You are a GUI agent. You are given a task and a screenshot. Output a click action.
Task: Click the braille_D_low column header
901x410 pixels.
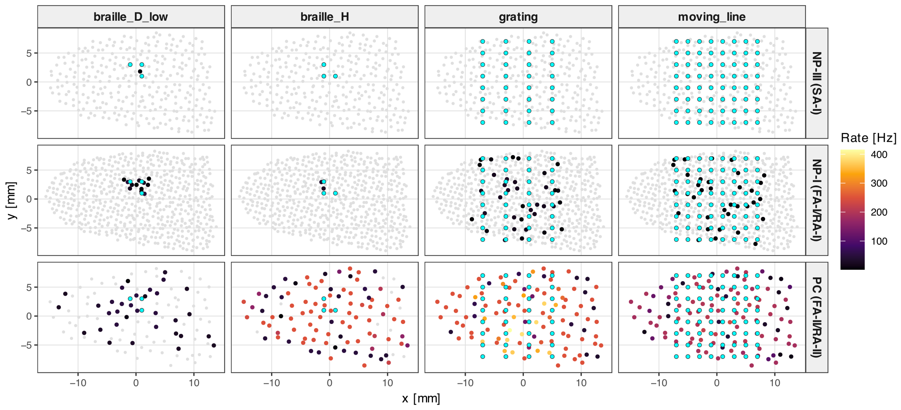pos(131,17)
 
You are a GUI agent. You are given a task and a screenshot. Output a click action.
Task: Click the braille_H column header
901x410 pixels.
pos(324,17)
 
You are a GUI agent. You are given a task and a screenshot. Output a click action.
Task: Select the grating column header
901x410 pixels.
pos(518,17)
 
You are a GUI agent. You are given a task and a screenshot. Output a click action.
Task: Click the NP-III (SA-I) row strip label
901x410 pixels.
pos(817,83)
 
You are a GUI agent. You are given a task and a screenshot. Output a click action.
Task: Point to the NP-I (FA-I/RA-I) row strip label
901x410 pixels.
pos(817,200)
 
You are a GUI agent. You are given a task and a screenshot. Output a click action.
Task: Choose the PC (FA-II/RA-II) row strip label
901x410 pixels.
pos(817,317)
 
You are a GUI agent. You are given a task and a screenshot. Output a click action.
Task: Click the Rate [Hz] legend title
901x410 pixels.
pos(868,138)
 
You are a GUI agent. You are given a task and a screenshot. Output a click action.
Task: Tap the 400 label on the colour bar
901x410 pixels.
pos(879,154)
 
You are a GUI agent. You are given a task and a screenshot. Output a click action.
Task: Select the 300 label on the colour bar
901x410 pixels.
pos(879,183)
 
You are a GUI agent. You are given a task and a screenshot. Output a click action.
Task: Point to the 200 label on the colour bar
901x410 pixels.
pos(879,212)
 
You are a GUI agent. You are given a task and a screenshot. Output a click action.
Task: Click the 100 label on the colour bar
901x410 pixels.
pos(879,241)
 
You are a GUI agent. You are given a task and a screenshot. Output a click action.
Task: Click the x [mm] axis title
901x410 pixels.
pos(421,399)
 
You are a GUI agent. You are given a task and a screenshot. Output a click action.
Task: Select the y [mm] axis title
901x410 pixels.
pos(11,200)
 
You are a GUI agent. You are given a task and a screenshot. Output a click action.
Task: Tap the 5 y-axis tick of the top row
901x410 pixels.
pos(29,53)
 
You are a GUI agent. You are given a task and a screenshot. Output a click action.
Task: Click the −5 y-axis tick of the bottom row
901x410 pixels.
pos(26,345)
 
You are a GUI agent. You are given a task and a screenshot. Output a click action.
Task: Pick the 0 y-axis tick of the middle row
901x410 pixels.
pos(29,199)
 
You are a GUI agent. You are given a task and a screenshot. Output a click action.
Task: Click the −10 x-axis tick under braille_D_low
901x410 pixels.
pos(78,383)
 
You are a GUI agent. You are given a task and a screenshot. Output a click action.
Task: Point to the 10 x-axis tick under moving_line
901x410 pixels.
pos(775,383)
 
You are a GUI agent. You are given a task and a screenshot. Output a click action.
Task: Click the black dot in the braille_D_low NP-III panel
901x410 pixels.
pos(140,71)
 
